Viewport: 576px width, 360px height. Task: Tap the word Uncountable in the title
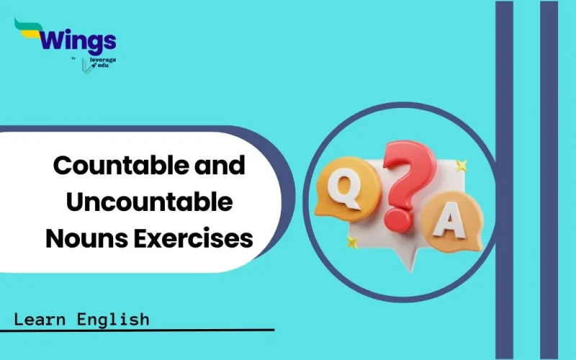click(149, 202)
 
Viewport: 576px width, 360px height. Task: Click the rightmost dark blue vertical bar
click(549, 180)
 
